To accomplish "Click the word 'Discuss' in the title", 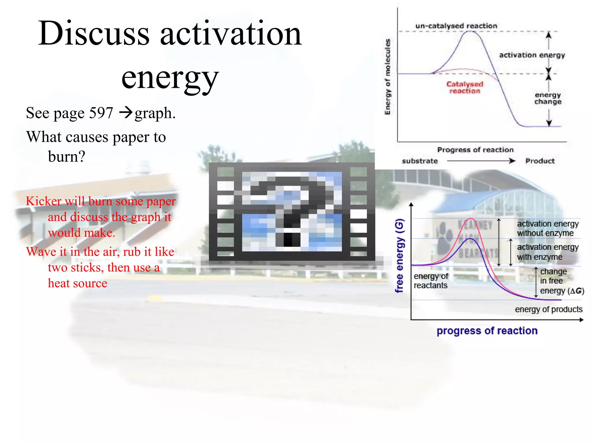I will [x=94, y=34].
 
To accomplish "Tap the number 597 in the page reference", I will [x=101, y=113].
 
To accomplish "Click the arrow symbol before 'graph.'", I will [x=126, y=112].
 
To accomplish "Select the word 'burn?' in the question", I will [x=66, y=157].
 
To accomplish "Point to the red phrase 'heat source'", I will [x=77, y=283].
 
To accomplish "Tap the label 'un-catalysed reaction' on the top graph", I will [x=456, y=26].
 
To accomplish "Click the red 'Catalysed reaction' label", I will [x=465, y=87].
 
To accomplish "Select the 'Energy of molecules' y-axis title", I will [x=387, y=77].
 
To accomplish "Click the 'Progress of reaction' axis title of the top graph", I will [x=475, y=150].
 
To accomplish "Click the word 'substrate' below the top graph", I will [x=420, y=161].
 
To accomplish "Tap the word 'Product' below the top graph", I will [x=540, y=161].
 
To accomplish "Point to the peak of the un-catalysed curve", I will [x=471, y=31].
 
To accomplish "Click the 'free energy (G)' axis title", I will [x=399, y=256].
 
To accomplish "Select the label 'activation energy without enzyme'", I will [x=547, y=228].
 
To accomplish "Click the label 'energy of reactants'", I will [x=431, y=281].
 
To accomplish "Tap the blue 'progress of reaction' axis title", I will [x=487, y=331].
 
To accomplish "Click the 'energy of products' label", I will [x=548, y=309].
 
